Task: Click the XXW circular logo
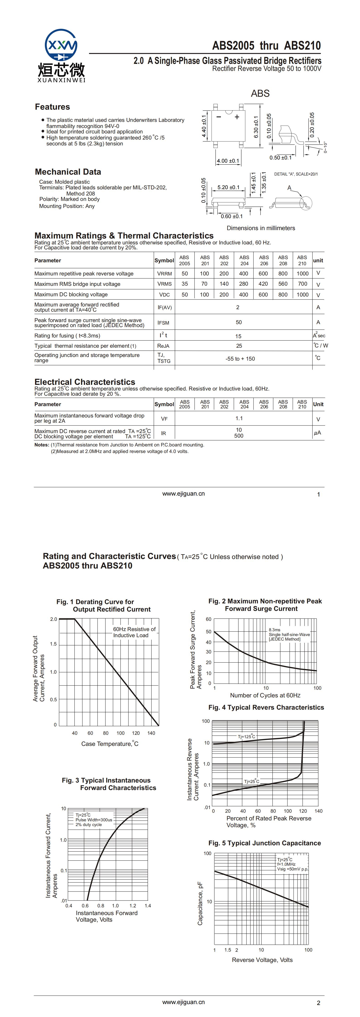61,45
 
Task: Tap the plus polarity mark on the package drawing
237,117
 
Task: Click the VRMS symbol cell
164,284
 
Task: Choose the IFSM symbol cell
163,323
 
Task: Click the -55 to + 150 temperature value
240,359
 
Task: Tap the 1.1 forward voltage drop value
239,419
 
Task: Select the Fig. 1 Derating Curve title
103,606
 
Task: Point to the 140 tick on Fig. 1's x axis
151,733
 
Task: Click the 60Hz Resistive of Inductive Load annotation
134,632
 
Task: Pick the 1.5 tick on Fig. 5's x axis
228,950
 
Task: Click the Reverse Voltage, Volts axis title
262,960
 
